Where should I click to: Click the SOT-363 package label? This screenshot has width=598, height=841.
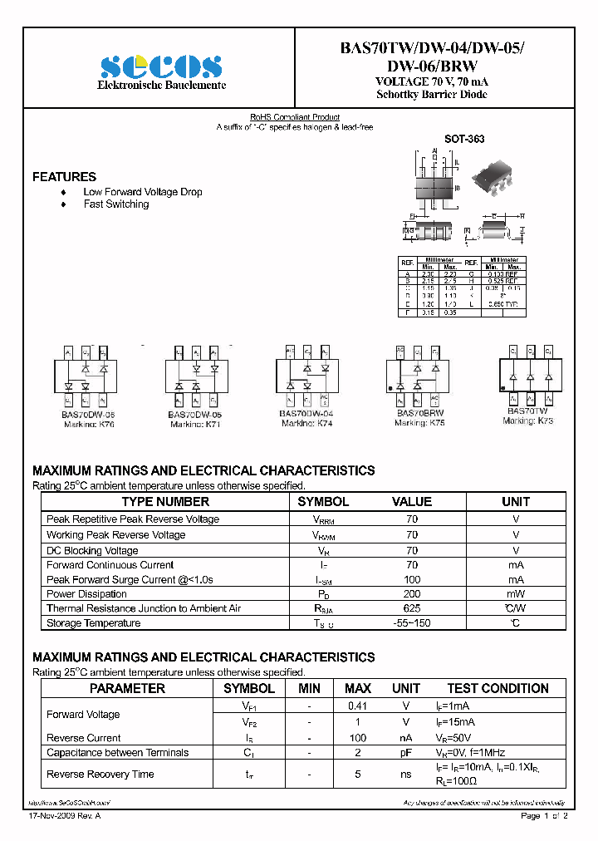464,140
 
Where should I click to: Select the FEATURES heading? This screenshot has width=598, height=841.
64,177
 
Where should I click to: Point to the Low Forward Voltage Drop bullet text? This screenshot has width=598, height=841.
142,192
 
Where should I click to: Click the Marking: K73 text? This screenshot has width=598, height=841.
527,420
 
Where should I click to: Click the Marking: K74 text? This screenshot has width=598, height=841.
306,423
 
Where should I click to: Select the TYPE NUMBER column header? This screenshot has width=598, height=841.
165,502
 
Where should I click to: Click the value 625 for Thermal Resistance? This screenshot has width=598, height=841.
412,608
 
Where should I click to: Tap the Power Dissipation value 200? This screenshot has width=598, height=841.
412,594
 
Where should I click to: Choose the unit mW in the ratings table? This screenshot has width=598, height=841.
515,594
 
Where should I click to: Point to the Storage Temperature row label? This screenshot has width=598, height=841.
93,623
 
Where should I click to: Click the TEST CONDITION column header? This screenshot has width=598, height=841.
498,688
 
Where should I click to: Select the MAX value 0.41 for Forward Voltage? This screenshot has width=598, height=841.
357,706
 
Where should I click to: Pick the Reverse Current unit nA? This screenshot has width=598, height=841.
405,738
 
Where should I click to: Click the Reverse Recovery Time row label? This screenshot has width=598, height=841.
100,774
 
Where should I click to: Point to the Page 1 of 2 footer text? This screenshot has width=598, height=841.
543,817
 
